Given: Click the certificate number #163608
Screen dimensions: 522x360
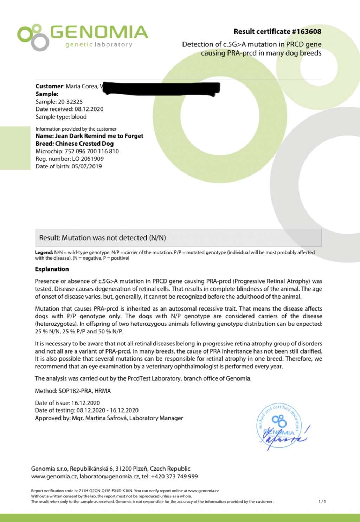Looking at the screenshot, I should (307, 31).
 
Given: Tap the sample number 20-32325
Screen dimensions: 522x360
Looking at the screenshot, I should (70, 102).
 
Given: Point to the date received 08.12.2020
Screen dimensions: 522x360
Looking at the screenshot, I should (89, 109).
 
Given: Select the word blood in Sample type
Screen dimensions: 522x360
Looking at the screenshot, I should (79, 117).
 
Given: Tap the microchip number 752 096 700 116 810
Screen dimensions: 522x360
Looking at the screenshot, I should (92, 151).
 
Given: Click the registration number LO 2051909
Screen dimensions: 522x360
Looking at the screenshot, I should (88, 159).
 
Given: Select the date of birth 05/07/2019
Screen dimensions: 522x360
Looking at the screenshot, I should (86, 166).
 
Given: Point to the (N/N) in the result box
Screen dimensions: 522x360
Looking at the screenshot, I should (157, 238).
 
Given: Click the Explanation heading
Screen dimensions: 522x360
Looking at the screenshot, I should (52, 269).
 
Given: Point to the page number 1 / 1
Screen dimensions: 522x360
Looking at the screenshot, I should (322, 502).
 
